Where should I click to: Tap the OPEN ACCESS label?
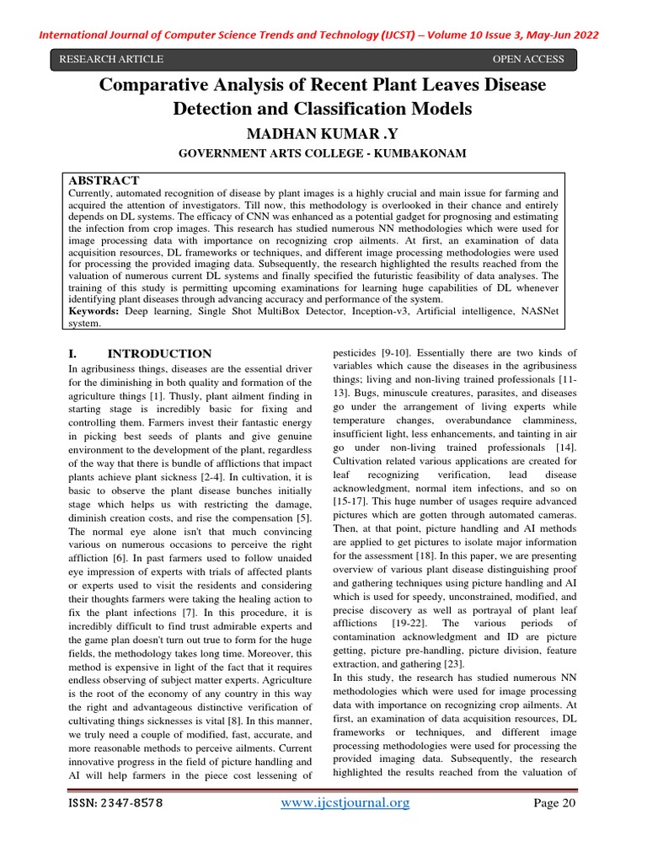tap(527, 59)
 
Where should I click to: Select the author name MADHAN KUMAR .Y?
tap(323, 134)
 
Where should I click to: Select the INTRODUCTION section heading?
tap(160, 354)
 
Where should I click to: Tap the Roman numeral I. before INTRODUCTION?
tap(72, 354)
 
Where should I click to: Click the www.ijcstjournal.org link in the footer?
tap(345, 803)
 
